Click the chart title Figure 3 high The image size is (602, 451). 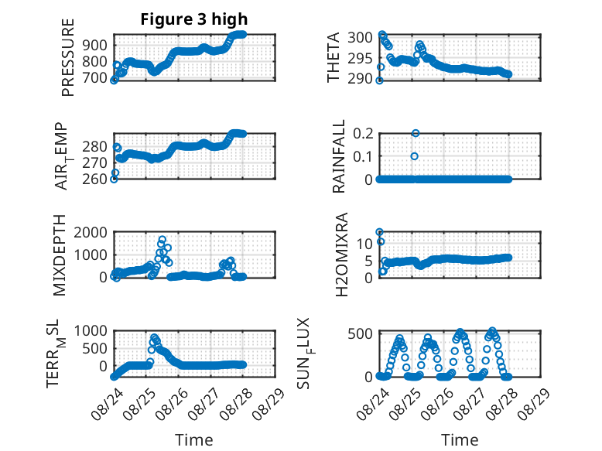click(194, 19)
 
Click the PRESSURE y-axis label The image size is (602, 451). click(67, 57)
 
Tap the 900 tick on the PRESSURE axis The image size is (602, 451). click(96, 46)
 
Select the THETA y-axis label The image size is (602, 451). click(333, 57)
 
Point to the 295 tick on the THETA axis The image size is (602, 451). click(361, 58)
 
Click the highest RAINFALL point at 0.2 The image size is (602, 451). click(416, 133)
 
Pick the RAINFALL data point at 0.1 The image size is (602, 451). click(414, 156)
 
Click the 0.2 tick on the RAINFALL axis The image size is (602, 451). click(363, 134)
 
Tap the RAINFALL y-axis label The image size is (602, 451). click(339, 156)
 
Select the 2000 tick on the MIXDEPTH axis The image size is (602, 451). click(91, 232)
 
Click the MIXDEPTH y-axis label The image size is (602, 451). click(60, 255)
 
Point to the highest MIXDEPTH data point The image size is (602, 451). click(162, 240)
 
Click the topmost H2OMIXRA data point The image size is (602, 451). click(380, 232)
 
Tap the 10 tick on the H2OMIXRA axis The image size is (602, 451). click(364, 244)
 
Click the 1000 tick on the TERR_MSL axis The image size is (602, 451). click(91, 330)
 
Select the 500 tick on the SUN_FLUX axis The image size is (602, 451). click(361, 333)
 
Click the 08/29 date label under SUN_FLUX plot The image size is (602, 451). click(534, 403)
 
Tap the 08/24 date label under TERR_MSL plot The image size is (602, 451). click(107, 403)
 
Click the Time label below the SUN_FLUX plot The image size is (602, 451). click(460, 440)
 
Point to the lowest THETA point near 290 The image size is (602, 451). click(379, 80)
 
